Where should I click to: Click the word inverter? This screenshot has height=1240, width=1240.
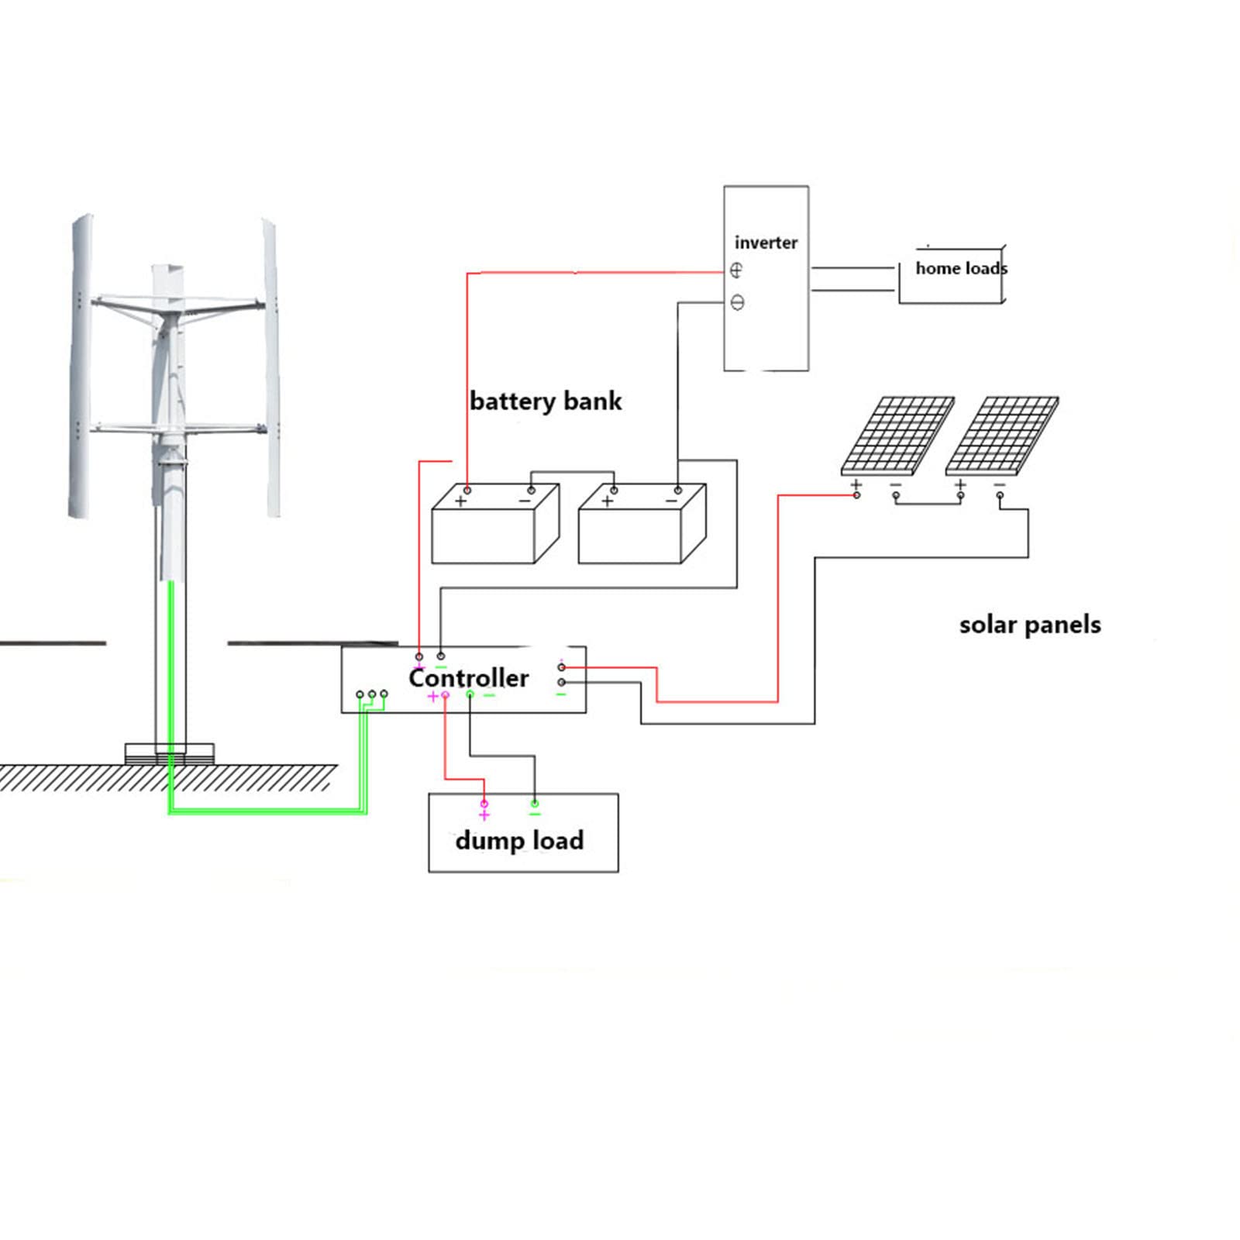click(766, 243)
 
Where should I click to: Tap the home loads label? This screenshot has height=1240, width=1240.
click(962, 268)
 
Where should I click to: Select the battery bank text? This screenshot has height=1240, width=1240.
click(546, 401)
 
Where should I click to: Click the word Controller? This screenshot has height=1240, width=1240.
click(468, 677)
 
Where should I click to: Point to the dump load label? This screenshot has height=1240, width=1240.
click(519, 840)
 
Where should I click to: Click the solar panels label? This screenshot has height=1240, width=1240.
click(1030, 624)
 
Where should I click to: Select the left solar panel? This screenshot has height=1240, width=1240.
click(898, 436)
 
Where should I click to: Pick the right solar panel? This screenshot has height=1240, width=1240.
click(1002, 436)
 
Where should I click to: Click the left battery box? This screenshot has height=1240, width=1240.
click(495, 524)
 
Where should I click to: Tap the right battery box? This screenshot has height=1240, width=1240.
click(642, 524)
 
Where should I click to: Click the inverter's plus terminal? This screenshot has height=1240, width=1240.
click(735, 270)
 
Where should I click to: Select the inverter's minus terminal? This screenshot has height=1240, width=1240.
click(737, 302)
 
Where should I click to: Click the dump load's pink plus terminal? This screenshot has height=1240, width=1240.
click(484, 804)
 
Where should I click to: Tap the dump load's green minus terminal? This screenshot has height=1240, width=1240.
click(534, 804)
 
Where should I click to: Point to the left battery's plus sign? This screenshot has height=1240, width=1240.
click(460, 501)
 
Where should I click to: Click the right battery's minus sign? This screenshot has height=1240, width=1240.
click(671, 501)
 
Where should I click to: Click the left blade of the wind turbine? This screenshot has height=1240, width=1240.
click(81, 367)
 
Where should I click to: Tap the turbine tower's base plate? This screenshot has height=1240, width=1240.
click(170, 754)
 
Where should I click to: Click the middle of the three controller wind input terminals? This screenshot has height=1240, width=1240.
click(372, 694)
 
